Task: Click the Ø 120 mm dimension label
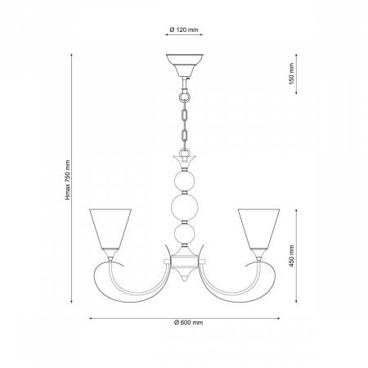[x=184, y=29]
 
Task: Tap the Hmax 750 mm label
[x=68, y=180]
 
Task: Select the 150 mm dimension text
[x=292, y=74]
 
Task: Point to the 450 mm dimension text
[x=292, y=256]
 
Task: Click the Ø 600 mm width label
[x=189, y=322]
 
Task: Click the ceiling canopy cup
[x=185, y=65]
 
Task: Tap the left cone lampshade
[x=110, y=229]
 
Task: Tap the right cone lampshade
[x=258, y=229]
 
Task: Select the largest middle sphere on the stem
[x=185, y=207]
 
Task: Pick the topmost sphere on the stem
[x=185, y=181]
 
